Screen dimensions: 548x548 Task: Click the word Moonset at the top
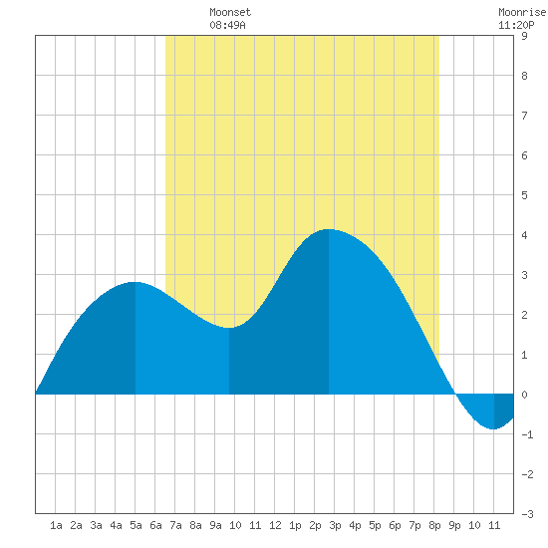coord(230,12)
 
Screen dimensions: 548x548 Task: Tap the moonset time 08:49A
coord(227,25)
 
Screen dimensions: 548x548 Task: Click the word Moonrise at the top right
coord(522,12)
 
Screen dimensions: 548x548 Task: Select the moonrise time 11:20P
coord(516,25)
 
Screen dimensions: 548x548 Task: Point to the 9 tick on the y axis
coord(524,36)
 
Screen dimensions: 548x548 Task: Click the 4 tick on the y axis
coord(524,235)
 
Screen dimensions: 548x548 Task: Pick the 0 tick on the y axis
coord(524,395)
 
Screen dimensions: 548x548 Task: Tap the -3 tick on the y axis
coord(527,514)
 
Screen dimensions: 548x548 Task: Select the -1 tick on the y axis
coord(527,434)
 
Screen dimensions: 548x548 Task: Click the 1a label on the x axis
coord(56,525)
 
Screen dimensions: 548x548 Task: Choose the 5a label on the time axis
coord(136,525)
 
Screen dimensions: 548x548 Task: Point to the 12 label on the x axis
coord(275,525)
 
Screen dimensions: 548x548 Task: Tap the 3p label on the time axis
coord(335,525)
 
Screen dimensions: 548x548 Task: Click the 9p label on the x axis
coord(454,525)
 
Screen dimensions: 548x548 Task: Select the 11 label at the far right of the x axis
coord(494,525)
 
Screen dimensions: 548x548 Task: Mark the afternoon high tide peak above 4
coord(329,229)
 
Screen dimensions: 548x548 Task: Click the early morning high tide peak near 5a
coord(136,282)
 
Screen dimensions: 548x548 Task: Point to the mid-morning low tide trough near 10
coord(229,328)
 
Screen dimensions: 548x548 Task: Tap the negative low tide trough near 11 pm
coord(493,428)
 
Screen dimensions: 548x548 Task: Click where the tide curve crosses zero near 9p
coord(455,394)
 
